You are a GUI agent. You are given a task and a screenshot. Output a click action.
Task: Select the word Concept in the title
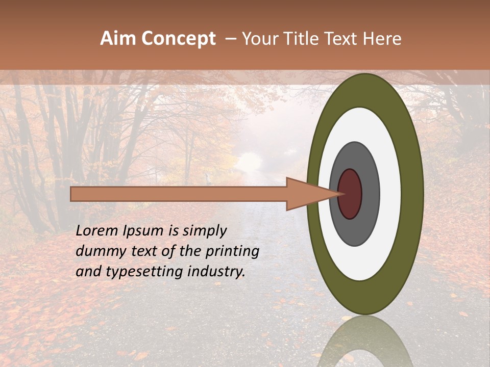pyautogui.click(x=178, y=39)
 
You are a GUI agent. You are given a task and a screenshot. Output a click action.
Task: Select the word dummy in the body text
pyautogui.click(x=96, y=252)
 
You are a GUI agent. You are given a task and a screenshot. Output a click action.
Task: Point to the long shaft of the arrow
pyautogui.click(x=179, y=194)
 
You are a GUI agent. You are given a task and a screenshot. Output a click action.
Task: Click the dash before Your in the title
pyautogui.click(x=230, y=39)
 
